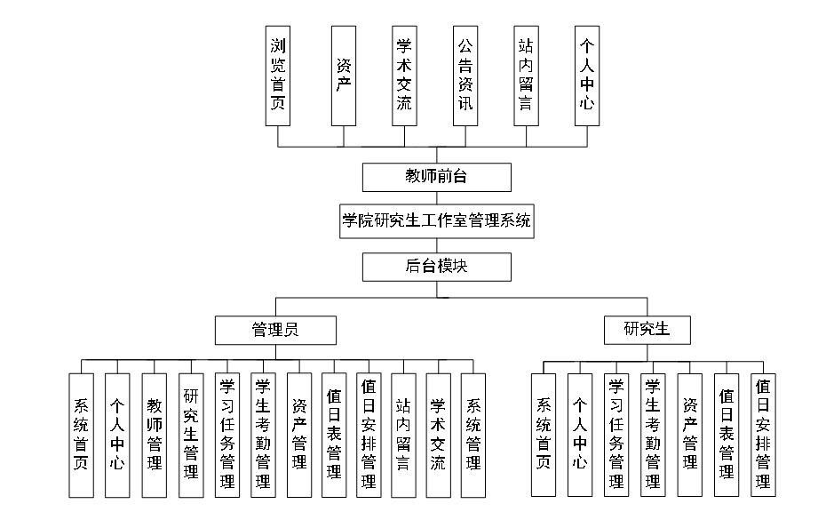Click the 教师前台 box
(436, 177)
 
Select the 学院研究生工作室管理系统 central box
(436, 221)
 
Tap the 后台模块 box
(436, 267)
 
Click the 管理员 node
(275, 330)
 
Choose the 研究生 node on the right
(648, 330)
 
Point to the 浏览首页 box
(278, 76)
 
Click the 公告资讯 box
(465, 76)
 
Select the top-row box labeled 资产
(343, 76)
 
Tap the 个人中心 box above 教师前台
(586, 76)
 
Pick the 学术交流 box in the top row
(404, 76)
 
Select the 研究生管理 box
(190, 434)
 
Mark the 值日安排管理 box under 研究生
(762, 435)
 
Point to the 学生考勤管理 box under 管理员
(263, 435)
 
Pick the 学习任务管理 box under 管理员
(226, 435)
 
